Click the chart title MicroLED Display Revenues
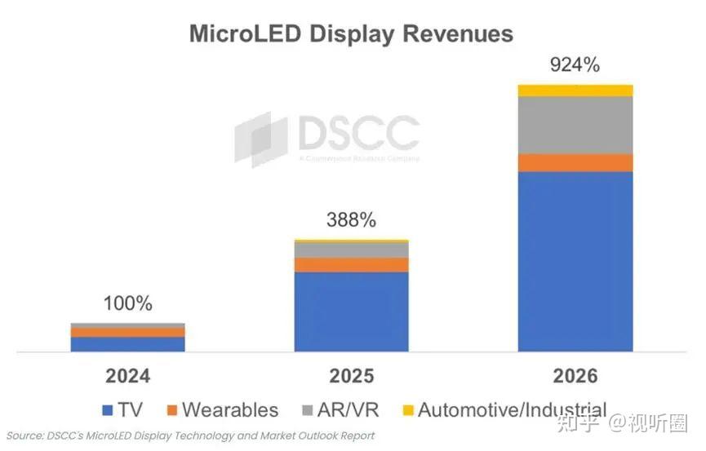351,33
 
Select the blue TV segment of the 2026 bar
575,261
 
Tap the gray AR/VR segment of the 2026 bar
575,125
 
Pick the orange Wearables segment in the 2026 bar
575,162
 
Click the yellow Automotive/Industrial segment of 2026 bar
575,90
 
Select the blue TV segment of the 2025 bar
351,312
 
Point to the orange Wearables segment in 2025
351,265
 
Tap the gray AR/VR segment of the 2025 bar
351,250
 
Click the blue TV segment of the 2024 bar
127,344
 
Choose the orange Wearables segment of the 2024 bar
127,333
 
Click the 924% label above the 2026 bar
575,64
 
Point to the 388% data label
351,219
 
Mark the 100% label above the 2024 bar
127,303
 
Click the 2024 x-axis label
127,376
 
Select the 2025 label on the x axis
351,376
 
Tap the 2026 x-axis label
575,376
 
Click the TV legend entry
122,410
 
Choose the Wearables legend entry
221,410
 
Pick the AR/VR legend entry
343,410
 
